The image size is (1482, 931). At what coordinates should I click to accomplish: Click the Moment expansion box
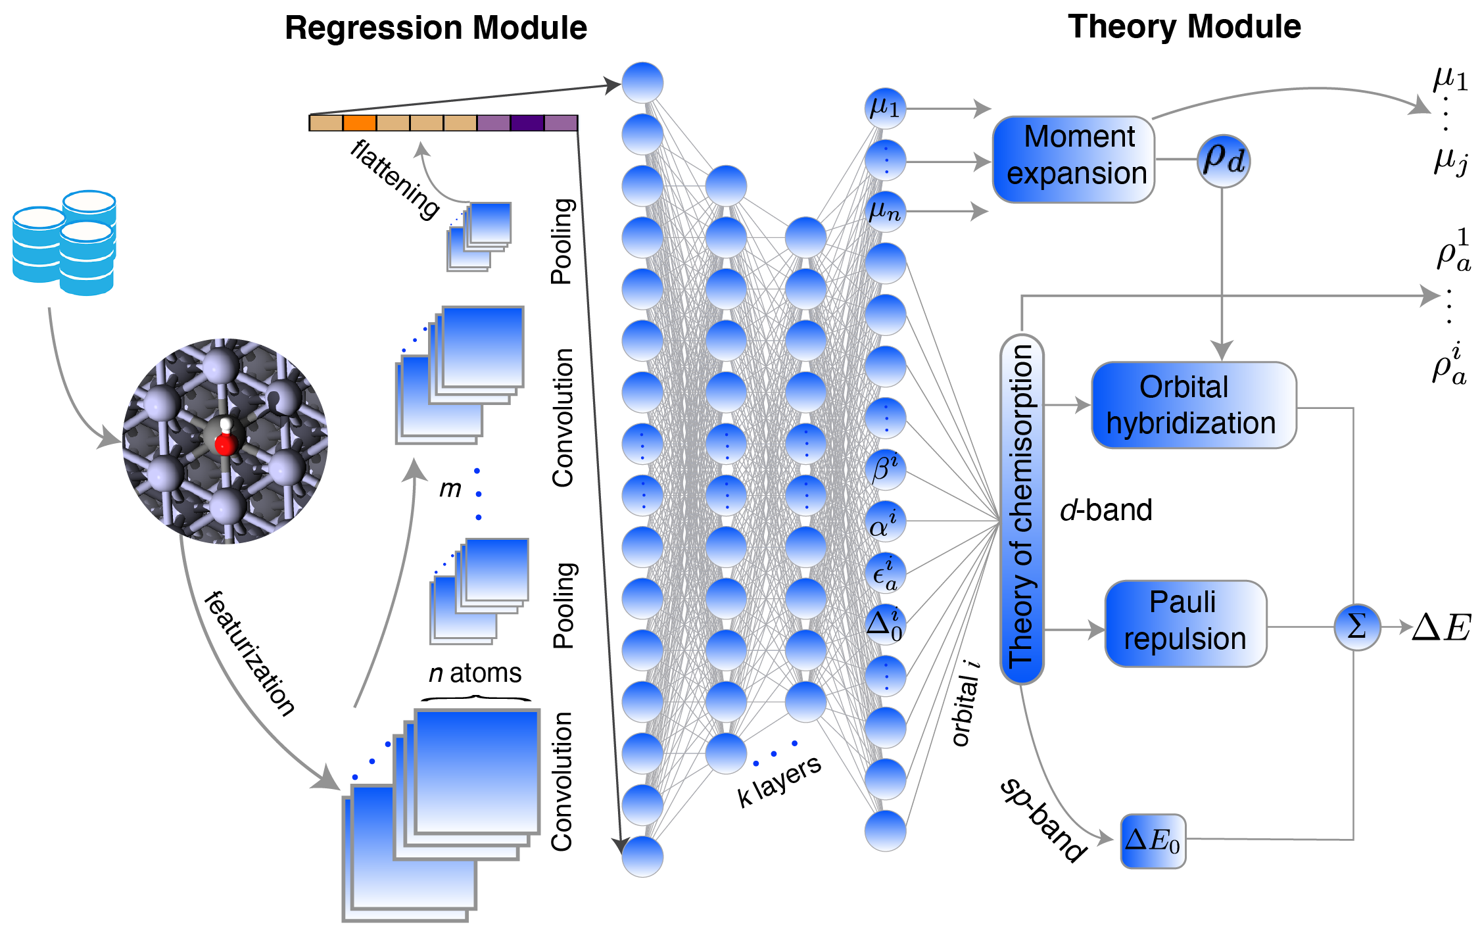coord(1073,159)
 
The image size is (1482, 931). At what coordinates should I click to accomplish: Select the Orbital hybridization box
coord(1193,405)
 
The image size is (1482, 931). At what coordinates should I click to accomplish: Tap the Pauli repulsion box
coord(1185,623)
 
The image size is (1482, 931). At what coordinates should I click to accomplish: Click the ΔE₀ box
coord(1153,841)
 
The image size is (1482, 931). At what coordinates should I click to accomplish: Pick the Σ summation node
coord(1356,627)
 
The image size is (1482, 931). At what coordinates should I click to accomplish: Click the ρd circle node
coord(1223,160)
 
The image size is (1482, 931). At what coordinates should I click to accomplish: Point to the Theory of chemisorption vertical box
coord(1022,508)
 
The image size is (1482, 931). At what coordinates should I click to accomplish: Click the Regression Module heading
coord(435,28)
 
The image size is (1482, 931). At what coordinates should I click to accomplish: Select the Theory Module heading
coord(1184,27)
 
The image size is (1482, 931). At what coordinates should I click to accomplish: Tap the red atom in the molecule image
coord(226,444)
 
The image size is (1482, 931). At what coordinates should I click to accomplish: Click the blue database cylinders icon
coord(64,243)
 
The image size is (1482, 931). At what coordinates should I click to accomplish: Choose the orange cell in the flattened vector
coord(360,123)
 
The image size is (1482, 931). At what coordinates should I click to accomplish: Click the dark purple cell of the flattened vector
coord(527,123)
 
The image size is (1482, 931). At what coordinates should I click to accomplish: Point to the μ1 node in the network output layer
coord(885,108)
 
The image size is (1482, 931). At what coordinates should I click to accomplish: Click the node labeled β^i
coord(885,469)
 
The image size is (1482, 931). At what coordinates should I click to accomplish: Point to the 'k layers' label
coord(779,780)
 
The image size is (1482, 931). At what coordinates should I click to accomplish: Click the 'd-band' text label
coord(1106,510)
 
